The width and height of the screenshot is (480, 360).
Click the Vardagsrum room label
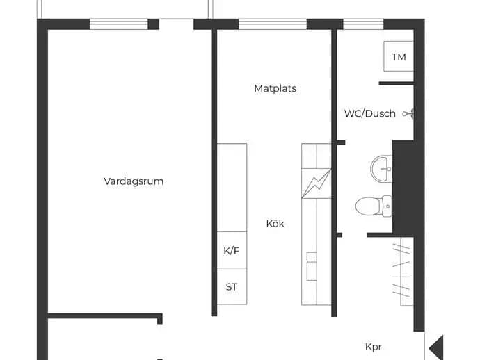pyautogui.click(x=134, y=181)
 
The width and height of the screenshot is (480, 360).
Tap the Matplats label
pyautogui.click(x=275, y=88)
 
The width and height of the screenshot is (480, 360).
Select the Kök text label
pyautogui.click(x=275, y=224)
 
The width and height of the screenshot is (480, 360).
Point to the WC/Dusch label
pyautogui.click(x=370, y=113)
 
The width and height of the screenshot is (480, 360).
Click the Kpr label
pyautogui.click(x=374, y=347)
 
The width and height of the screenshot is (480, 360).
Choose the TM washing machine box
pyautogui.click(x=399, y=56)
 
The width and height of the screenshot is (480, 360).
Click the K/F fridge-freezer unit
pyautogui.click(x=232, y=250)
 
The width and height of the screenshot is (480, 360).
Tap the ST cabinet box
pyautogui.click(x=232, y=286)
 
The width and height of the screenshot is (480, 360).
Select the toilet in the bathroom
pyautogui.click(x=374, y=206)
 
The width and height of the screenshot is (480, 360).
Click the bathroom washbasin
pyautogui.click(x=381, y=169)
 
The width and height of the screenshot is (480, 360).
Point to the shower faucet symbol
pyautogui.click(x=408, y=114)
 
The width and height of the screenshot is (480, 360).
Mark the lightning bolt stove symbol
pyautogui.click(x=317, y=183)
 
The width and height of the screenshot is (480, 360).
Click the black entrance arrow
pyautogui.click(x=436, y=347)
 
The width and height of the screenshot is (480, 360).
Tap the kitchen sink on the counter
pyautogui.click(x=312, y=266)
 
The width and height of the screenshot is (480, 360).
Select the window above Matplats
pyautogui.click(x=273, y=24)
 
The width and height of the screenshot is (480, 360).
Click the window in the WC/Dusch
pyautogui.click(x=363, y=24)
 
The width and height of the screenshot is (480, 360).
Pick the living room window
pyautogui.click(x=119, y=24)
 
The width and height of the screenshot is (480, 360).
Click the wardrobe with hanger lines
pyautogui.click(x=403, y=271)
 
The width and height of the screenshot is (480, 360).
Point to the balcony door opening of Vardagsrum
pyautogui.click(x=176, y=24)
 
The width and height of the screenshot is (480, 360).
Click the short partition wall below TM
pyautogui.click(x=397, y=83)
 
